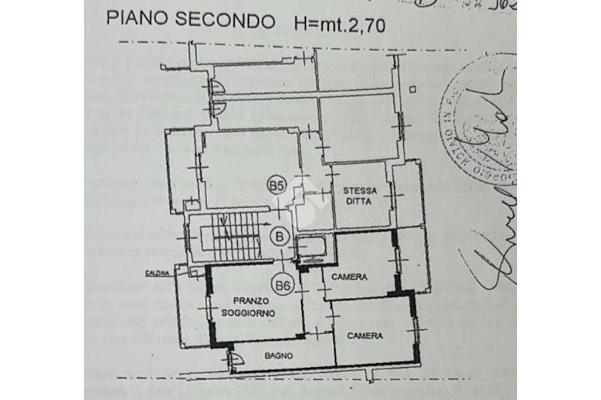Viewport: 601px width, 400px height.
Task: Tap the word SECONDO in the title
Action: (226, 21)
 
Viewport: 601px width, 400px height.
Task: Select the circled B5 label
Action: (276, 186)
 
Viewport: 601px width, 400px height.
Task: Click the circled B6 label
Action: (283, 285)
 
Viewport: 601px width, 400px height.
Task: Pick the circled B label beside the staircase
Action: (281, 237)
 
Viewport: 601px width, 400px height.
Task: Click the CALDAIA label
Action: (157, 273)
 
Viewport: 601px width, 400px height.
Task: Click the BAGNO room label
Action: (278, 355)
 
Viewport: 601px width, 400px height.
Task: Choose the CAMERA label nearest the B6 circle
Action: (349, 277)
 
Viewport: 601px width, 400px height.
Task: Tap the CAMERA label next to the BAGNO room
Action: (364, 336)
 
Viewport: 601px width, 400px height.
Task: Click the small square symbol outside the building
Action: (414, 89)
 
